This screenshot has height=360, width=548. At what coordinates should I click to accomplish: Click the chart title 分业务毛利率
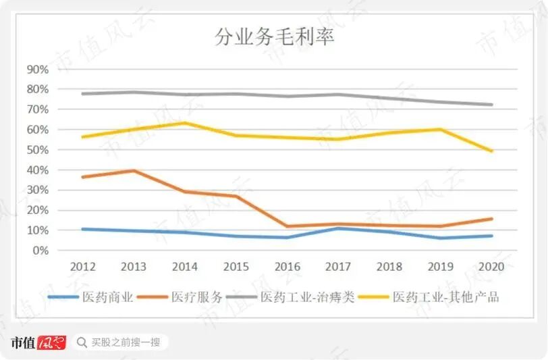(x=274, y=37)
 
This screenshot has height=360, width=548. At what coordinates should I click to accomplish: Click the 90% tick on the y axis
(x=38, y=69)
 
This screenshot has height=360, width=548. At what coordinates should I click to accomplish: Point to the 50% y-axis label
(x=38, y=149)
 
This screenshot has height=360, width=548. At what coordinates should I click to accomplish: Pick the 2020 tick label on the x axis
(x=491, y=267)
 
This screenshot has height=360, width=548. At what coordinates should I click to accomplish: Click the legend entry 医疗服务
(x=194, y=297)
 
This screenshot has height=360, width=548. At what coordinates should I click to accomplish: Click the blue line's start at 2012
(x=82, y=229)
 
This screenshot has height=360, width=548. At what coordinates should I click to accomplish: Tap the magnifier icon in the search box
(x=82, y=342)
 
